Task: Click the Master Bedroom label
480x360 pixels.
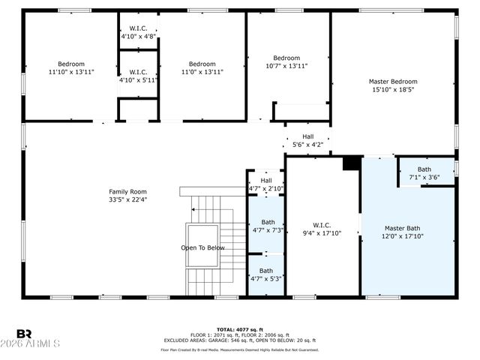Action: click(393, 85)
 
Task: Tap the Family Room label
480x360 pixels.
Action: click(127, 195)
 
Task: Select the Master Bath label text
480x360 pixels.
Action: click(404, 232)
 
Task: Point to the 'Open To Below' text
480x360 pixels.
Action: click(202, 247)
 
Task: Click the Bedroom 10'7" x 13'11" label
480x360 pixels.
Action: click(286, 61)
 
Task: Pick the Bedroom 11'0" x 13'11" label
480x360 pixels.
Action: click(202, 67)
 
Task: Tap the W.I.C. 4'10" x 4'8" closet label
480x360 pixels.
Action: click(139, 32)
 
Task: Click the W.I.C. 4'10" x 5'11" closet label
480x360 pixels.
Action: click(139, 76)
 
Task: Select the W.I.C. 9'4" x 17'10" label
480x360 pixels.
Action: click(322, 229)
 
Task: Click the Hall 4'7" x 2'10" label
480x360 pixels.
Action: click(266, 184)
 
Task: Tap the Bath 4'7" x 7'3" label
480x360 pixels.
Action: click(267, 226)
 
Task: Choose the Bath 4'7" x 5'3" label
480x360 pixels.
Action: click(266, 274)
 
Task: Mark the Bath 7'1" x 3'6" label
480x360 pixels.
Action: click(424, 173)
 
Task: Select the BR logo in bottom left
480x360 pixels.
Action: click(24, 334)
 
